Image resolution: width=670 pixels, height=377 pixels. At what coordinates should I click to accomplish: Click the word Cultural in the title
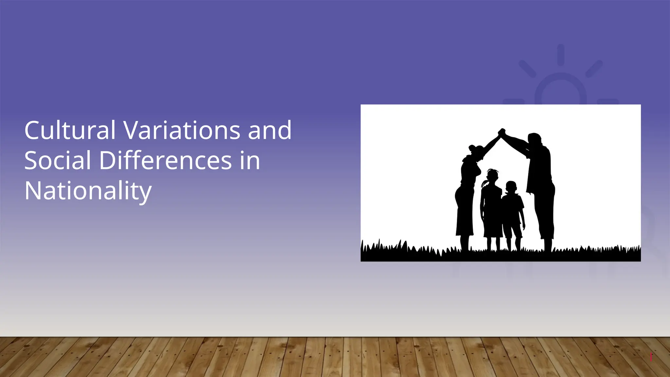(70, 130)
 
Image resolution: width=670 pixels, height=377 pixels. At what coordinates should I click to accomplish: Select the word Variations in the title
(182, 130)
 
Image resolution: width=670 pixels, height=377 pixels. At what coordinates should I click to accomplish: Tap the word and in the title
(270, 130)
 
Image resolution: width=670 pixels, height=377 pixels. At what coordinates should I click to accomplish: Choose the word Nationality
(88, 191)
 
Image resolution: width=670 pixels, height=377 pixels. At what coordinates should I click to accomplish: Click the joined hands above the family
(502, 133)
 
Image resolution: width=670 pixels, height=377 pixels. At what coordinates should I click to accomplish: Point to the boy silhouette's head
(511, 187)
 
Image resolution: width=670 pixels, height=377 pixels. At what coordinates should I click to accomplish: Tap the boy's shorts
(512, 227)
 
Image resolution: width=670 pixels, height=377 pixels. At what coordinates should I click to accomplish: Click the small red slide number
(651, 357)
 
